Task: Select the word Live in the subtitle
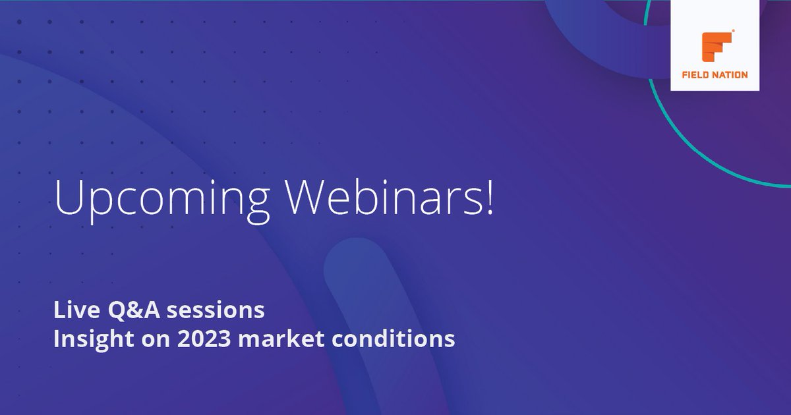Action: coord(71,309)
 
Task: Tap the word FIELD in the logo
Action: coord(697,75)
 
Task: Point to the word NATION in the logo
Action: coord(731,75)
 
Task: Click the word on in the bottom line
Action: coord(152,339)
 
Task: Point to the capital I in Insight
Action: coord(57,339)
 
